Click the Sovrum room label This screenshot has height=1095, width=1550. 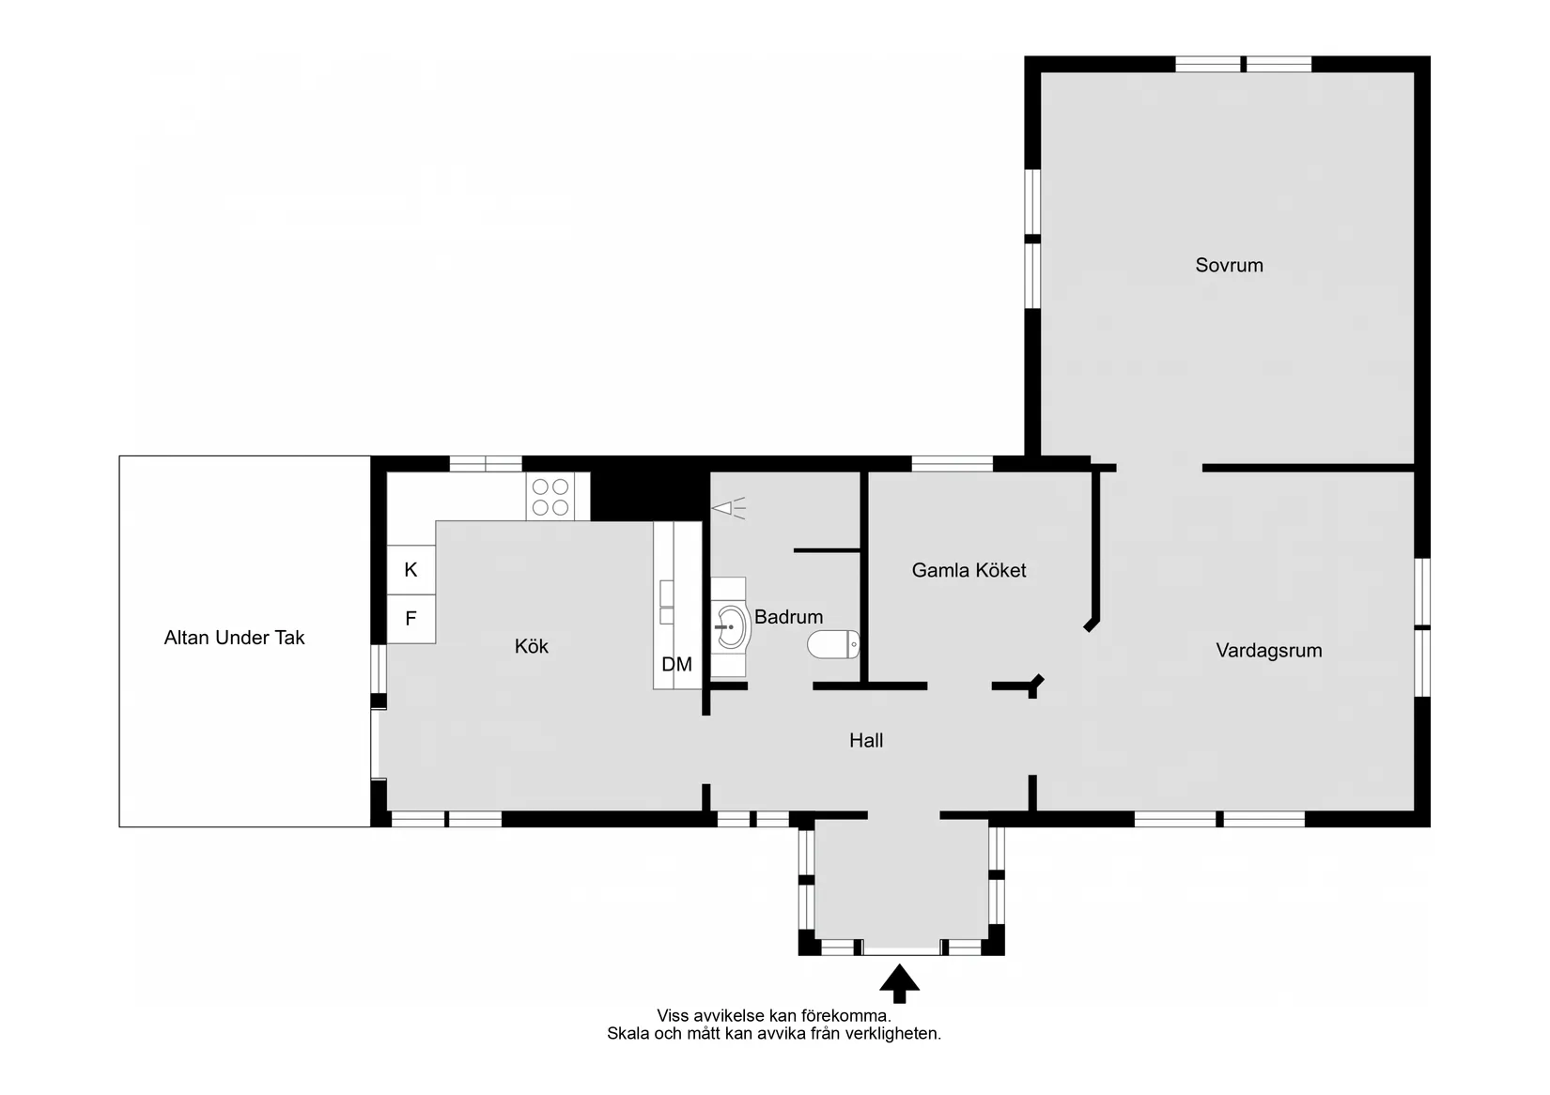point(1229,266)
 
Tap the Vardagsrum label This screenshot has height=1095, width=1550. point(1268,651)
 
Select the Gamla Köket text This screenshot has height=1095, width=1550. point(969,571)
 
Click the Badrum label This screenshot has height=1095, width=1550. point(788,618)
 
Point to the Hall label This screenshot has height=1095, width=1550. point(866,741)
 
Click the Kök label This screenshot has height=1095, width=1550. point(531,647)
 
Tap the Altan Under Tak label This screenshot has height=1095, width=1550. point(234,639)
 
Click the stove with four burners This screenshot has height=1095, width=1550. point(550,497)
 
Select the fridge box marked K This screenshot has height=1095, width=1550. point(411,570)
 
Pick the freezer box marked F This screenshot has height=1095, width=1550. point(411,619)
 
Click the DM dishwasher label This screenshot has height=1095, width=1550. point(676,665)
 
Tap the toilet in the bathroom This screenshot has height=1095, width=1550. point(833,644)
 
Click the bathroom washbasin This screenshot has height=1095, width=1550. point(731,626)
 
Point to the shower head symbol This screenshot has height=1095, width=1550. point(728,509)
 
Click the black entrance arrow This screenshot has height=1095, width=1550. point(899,982)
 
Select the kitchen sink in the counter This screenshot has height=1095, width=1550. point(666,602)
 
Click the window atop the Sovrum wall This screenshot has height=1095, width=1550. point(1243,64)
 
